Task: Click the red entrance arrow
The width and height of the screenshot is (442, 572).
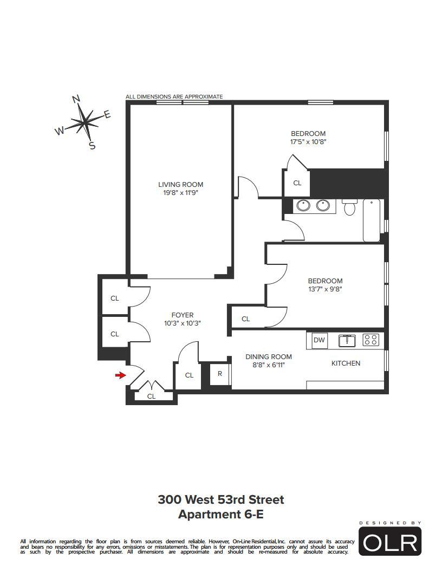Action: (x=120, y=375)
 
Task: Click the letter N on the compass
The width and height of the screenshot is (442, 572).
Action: (x=76, y=99)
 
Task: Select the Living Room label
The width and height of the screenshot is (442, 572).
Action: (x=180, y=185)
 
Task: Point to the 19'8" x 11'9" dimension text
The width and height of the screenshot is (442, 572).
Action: (x=180, y=193)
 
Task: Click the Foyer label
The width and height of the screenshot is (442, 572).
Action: (x=183, y=315)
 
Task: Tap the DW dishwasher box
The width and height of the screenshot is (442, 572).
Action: (x=319, y=340)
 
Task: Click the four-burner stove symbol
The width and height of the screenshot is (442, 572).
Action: (x=370, y=340)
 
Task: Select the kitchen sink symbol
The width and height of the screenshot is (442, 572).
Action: (x=347, y=340)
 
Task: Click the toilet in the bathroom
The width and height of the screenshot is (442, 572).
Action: (x=349, y=207)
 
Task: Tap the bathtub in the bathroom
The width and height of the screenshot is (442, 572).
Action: (x=372, y=220)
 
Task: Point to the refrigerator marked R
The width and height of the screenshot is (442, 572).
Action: (x=220, y=374)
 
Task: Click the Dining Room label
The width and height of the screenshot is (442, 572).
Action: (x=269, y=357)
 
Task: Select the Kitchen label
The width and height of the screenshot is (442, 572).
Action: (x=346, y=363)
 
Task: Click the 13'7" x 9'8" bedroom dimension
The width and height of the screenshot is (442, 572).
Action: (x=326, y=289)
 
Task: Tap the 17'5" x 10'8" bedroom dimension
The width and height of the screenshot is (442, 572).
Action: (x=308, y=142)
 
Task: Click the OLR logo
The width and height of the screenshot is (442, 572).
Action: (x=390, y=541)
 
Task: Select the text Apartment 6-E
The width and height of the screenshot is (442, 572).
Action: (x=220, y=515)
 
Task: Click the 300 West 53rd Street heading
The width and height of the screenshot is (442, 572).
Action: (x=220, y=499)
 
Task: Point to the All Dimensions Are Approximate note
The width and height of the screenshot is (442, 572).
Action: (x=174, y=96)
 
